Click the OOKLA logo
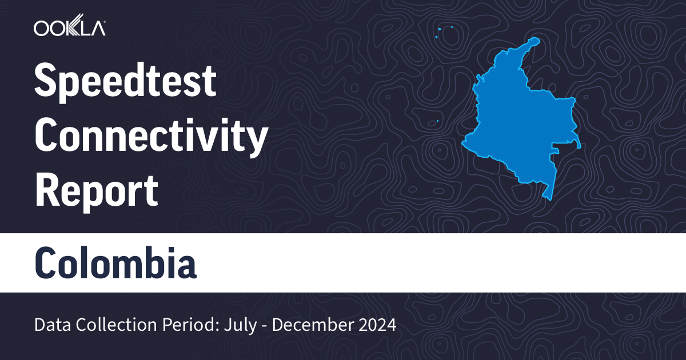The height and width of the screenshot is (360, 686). [x=69, y=28]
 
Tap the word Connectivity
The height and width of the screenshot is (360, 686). [x=151, y=137]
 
